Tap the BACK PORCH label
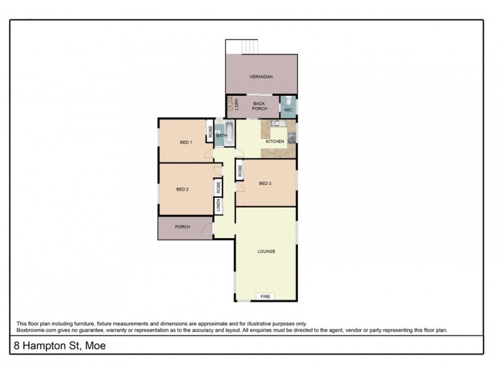pyautogui.click(x=259, y=105)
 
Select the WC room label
pyautogui.click(x=288, y=110)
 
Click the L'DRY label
pyautogui.click(x=230, y=105)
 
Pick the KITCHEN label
pyautogui.click(x=275, y=142)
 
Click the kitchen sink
pyautogui.click(x=274, y=123)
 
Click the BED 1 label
pyautogui.click(x=185, y=142)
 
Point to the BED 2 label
pyautogui.click(x=182, y=189)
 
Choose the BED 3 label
pyautogui.click(x=265, y=183)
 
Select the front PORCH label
pyautogui.click(x=182, y=227)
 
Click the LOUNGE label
pyautogui.click(x=266, y=251)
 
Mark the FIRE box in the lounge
pyautogui.click(x=266, y=296)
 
